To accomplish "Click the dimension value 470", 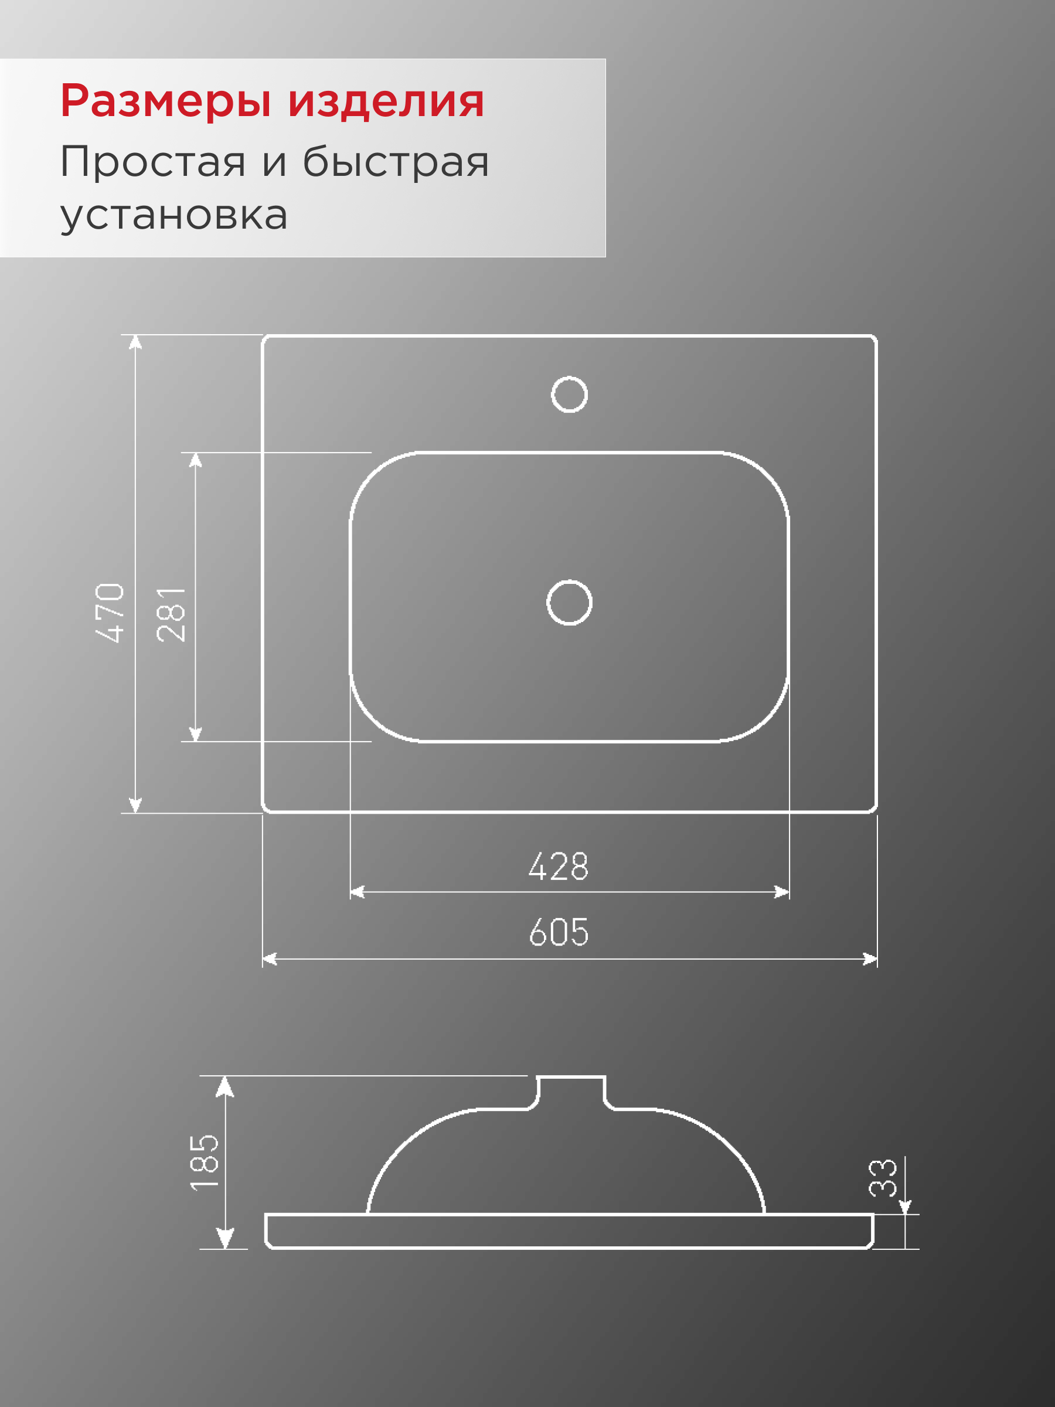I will (110, 612).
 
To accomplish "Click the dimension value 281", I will (171, 614).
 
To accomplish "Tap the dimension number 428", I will (559, 866).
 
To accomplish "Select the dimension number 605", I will (559, 933).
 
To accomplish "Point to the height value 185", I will (204, 1162).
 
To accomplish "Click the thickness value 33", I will (883, 1178).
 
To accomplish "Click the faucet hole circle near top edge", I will (569, 395).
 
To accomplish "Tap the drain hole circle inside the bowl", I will (569, 602).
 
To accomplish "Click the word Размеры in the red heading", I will (166, 102).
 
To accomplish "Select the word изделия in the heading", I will (386, 102).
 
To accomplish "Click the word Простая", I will (152, 162).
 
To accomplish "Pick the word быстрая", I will (396, 162).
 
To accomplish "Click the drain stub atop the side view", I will (570, 1092).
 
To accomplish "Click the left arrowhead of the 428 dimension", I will (357, 892).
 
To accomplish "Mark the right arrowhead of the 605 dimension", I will (870, 959).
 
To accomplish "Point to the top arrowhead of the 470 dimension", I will (135, 343).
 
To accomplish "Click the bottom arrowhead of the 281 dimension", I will (195, 734).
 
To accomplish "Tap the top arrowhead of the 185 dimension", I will (224, 1086).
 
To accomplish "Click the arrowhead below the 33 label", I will (904, 1206).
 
